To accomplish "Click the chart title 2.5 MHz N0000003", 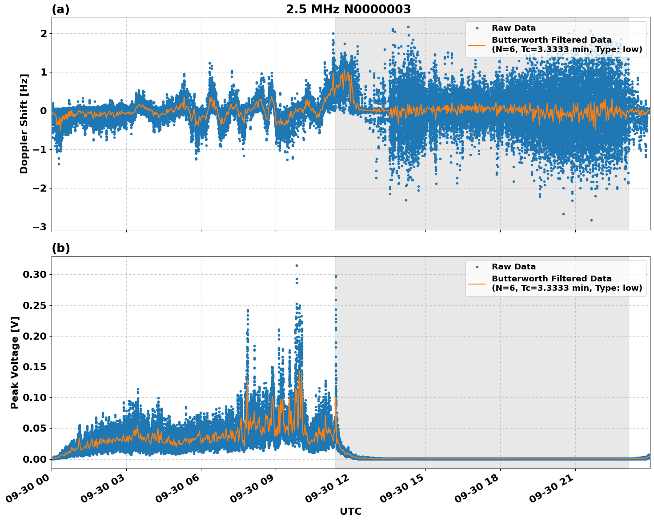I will pyautogui.click(x=348, y=9).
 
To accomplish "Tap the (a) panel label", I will pyautogui.click(x=60, y=9).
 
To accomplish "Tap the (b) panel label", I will pyautogui.click(x=60, y=248).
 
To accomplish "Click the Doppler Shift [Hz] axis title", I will pyautogui.click(x=24, y=124).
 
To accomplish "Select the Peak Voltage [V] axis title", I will pyautogui.click(x=15, y=362).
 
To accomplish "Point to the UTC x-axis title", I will pyautogui.click(x=350, y=511).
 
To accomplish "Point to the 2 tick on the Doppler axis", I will pyautogui.click(x=44, y=33).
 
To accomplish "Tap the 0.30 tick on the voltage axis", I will pyautogui.click(x=35, y=274).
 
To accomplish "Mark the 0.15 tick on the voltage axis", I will pyautogui.click(x=35, y=367).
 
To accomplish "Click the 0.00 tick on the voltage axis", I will pyautogui.click(x=35, y=459).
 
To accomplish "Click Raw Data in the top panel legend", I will pyautogui.click(x=514, y=28).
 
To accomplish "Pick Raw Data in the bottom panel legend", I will pyautogui.click(x=514, y=267).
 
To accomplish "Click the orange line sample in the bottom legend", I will pyautogui.click(x=477, y=283).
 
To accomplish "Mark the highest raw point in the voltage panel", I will pyautogui.click(x=297, y=265).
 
